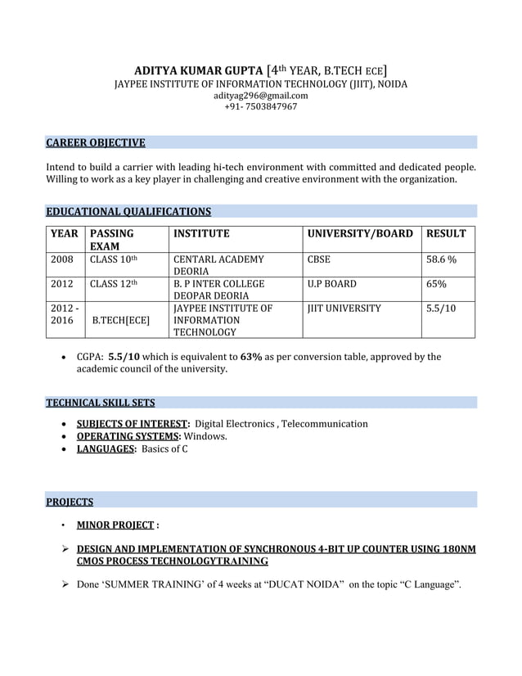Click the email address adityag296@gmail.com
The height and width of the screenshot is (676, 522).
(260, 96)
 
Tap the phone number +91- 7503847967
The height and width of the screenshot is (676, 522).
(260, 107)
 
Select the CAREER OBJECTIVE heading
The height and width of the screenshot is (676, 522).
(96, 143)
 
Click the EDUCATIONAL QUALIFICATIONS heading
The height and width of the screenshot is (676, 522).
(128, 212)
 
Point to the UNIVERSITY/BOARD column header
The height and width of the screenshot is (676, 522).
(360, 234)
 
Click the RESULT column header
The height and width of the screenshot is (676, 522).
(446, 234)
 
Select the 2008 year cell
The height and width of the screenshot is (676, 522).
(62, 259)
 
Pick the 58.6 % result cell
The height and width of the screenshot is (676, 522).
(441, 259)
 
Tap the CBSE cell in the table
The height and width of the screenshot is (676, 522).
(319, 259)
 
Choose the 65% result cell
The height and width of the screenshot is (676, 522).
(436, 284)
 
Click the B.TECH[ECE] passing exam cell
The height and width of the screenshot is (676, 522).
(122, 321)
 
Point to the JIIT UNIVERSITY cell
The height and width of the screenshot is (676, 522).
(344, 309)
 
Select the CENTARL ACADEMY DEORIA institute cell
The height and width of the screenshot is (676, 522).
(218, 265)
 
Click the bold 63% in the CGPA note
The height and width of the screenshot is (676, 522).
(251, 357)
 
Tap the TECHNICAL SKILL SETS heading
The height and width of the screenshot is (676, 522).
(100, 403)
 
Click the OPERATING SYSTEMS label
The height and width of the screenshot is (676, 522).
(128, 436)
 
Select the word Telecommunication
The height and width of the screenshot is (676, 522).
(324, 423)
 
